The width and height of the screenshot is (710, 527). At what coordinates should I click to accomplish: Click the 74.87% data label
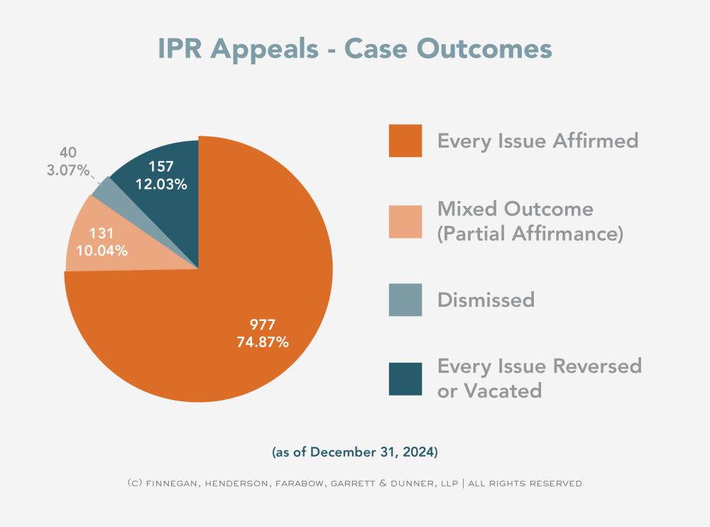tap(263, 342)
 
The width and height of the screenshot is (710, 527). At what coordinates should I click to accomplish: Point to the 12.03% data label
tap(161, 184)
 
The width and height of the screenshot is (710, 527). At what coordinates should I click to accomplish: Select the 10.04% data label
tap(102, 250)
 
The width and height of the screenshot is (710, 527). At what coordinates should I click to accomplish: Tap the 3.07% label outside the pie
tap(68, 170)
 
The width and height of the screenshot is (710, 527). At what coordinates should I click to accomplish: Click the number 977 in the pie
tap(263, 324)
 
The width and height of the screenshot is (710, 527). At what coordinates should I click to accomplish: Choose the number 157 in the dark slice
tap(161, 166)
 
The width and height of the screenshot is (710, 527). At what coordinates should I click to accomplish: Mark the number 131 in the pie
tap(102, 233)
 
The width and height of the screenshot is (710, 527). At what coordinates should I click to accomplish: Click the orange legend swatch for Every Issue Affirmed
tap(405, 141)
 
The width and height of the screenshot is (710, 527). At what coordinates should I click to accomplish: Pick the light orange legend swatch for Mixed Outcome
tap(405, 222)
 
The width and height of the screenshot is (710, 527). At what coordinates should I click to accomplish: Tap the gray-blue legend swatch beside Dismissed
tap(405, 300)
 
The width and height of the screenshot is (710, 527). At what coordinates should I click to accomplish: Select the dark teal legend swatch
tap(405, 379)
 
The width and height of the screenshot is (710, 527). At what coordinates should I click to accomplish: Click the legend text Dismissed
tap(486, 300)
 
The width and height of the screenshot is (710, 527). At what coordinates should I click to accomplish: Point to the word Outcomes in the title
tap(484, 48)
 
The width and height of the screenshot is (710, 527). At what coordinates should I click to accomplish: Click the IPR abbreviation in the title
tap(180, 48)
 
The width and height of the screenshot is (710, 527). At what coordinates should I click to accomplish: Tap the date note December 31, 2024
tap(373, 452)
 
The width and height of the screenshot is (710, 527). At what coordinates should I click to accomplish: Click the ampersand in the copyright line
tap(383, 483)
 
